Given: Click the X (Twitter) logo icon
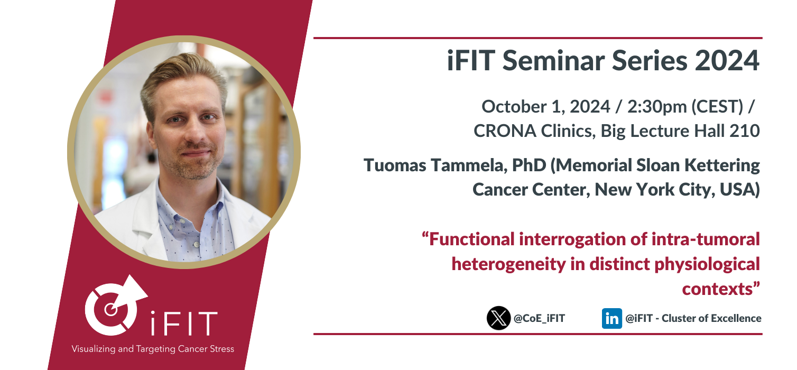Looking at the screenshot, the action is point(498,318).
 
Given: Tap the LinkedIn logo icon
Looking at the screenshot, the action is point(612,318).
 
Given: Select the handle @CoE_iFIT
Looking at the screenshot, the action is point(539,318).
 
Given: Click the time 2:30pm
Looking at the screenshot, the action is point(657,107).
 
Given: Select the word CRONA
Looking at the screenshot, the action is point(505,131).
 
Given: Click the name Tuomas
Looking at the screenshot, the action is point(395,165).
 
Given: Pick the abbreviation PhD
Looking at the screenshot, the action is point(529,165).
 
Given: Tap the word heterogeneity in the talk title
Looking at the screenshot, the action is point(508,264).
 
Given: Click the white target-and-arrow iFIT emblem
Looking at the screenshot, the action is point(116,306).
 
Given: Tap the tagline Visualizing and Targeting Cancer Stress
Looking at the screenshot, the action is point(153,349).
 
